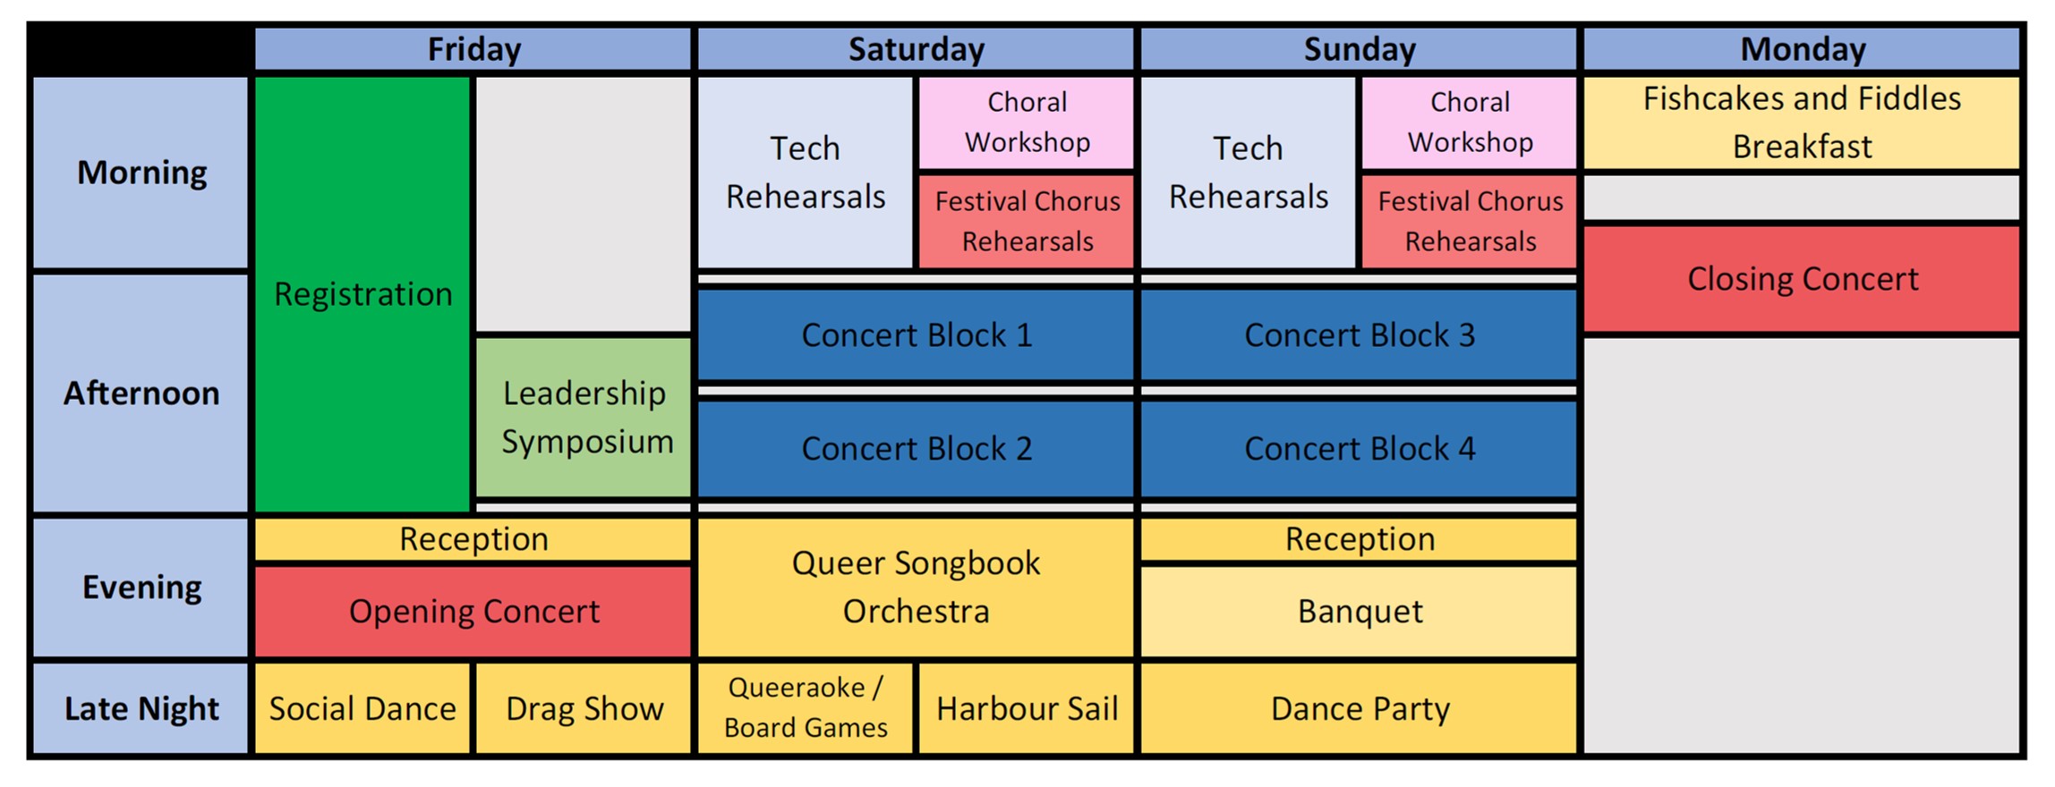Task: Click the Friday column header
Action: point(473,49)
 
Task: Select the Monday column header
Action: point(1802,49)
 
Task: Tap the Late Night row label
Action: point(141,708)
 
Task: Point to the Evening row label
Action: point(141,588)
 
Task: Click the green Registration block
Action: point(362,294)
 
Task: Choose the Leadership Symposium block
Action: point(584,417)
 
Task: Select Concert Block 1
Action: point(916,335)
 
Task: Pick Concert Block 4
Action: point(1359,448)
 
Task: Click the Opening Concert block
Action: point(473,612)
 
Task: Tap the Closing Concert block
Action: point(1802,279)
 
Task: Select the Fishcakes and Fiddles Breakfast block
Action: point(1802,123)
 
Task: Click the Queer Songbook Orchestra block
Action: point(916,588)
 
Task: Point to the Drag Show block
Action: point(584,708)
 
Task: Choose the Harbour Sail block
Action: point(1027,708)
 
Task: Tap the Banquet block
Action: point(1359,612)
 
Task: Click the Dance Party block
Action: point(1359,708)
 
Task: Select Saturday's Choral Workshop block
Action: point(1027,123)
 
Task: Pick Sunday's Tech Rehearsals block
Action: point(1249,173)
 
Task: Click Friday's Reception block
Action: point(473,539)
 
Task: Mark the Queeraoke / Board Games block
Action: point(806,708)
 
